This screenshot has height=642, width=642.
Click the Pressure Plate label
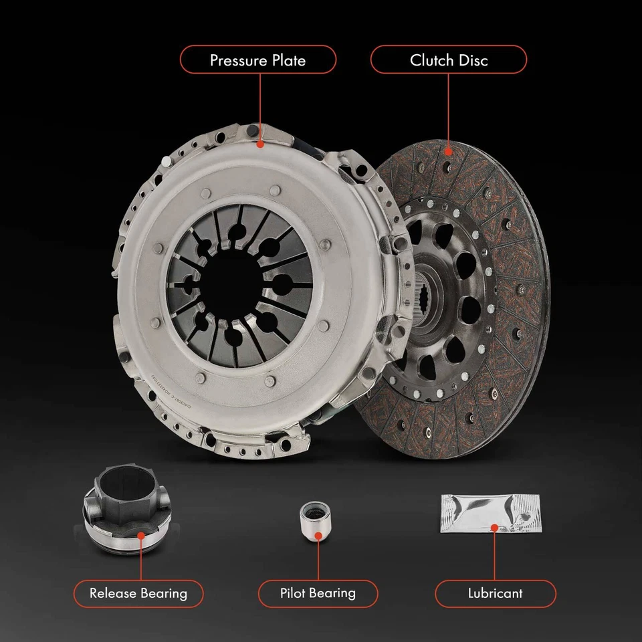[x=257, y=60]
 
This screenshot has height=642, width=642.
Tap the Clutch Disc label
[x=449, y=60]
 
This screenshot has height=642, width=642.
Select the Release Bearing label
[x=138, y=593]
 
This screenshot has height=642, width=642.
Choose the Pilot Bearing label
[x=318, y=593]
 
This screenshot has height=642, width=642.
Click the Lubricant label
[x=495, y=593]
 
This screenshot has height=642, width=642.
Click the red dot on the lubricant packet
[x=495, y=528]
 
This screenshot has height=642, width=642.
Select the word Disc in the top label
[x=474, y=60]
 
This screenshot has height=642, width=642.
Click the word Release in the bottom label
[x=113, y=593]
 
